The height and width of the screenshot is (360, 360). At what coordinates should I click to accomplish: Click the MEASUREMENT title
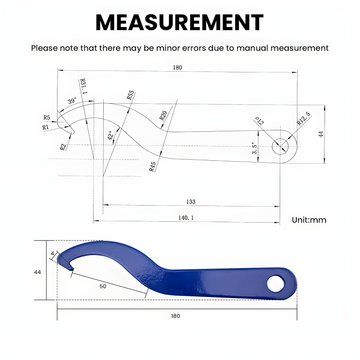point(179,22)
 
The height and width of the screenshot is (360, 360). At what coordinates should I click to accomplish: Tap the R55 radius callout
point(130,95)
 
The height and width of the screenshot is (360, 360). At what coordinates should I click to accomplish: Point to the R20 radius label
point(163,116)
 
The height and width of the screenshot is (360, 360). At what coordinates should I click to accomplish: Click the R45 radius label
point(152,166)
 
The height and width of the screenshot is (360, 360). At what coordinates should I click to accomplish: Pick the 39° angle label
point(72,101)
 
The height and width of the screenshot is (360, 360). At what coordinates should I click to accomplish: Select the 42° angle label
point(111,135)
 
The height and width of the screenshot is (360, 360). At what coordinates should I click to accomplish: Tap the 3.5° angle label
point(255,148)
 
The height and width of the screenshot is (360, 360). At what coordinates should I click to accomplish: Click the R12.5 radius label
point(303,118)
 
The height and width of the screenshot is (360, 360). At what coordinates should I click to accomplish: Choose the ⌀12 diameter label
point(259,121)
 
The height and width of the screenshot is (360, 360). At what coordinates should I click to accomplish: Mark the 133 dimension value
point(191,202)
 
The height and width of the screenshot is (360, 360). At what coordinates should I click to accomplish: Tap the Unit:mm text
point(309,220)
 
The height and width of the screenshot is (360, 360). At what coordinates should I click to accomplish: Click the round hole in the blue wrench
point(275,283)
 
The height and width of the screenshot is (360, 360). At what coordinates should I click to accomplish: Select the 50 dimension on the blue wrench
point(103,286)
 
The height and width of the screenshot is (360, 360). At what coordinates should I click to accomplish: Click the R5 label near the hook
point(46,117)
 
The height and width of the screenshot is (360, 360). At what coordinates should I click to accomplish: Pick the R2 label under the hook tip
point(63,147)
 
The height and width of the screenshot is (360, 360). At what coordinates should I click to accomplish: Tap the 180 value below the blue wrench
point(175,316)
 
